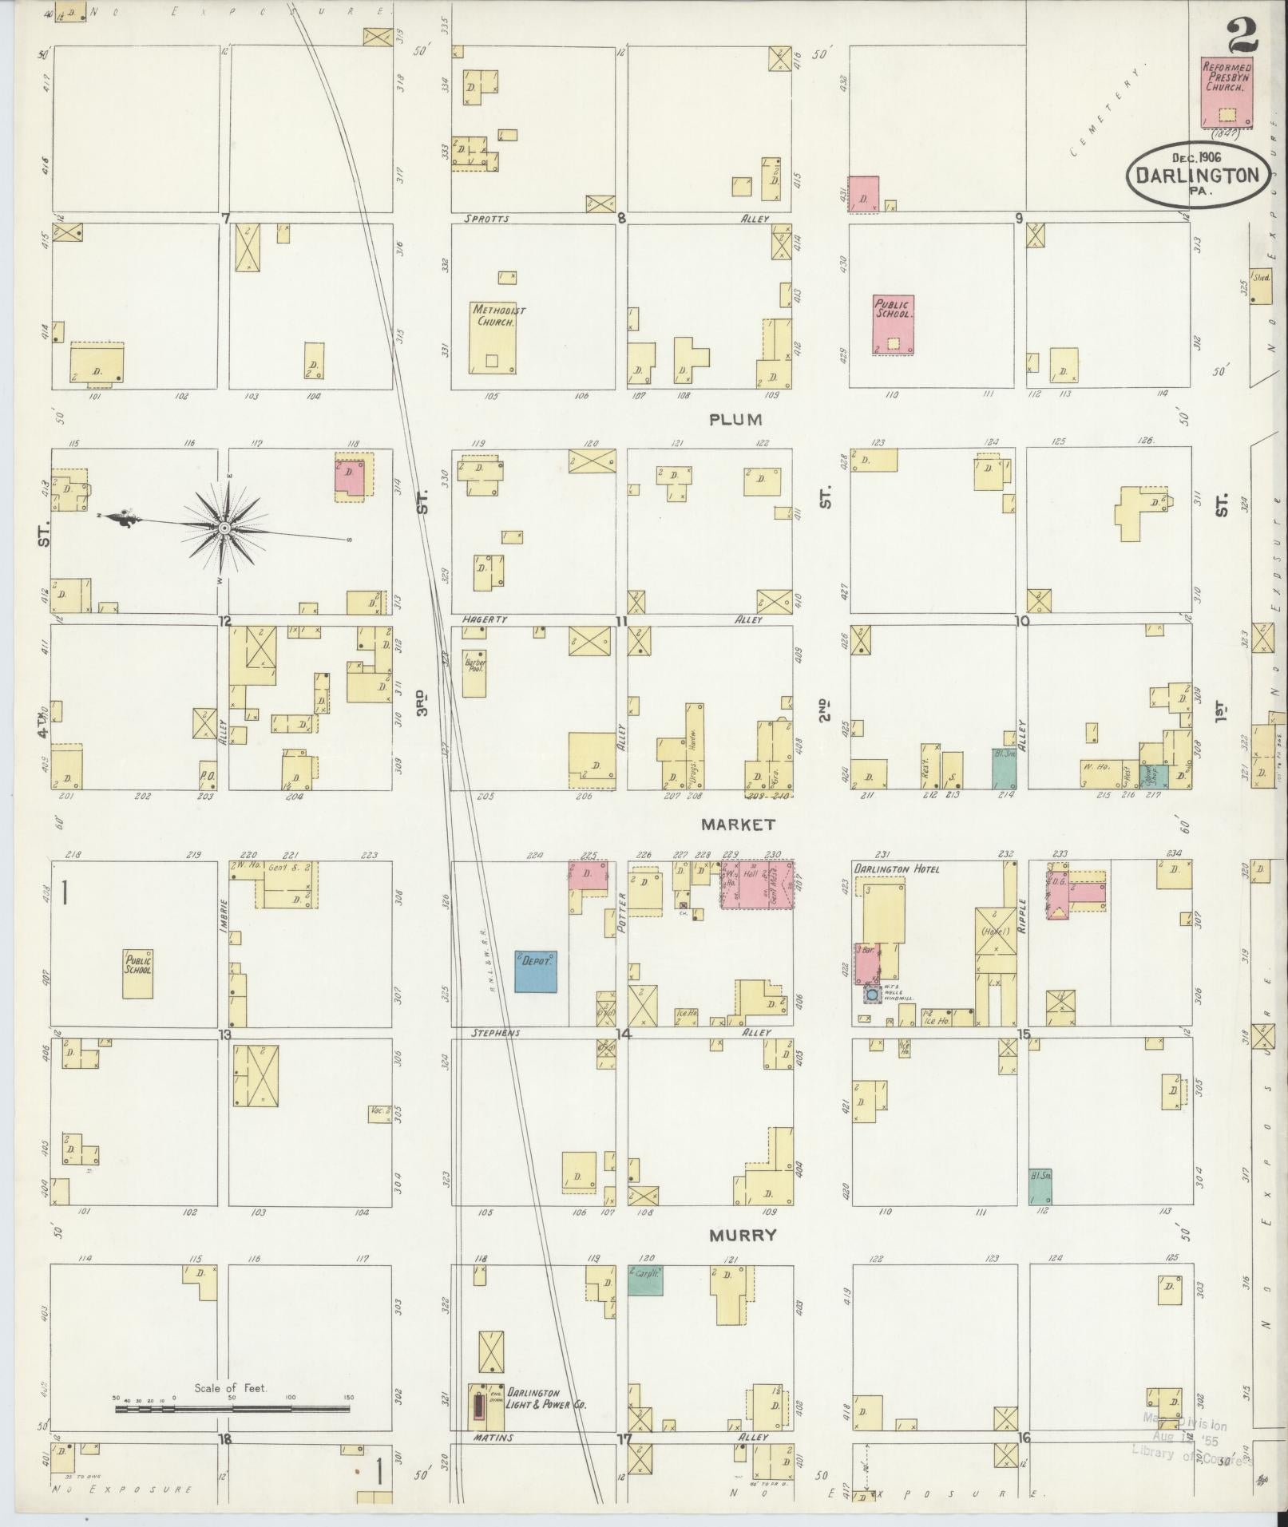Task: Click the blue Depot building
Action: pyautogui.click(x=535, y=971)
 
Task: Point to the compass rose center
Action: pyautogui.click(x=225, y=528)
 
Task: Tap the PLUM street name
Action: pyautogui.click(x=735, y=419)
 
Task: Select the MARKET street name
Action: pyautogui.click(x=739, y=823)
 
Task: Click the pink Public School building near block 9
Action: pyautogui.click(x=893, y=324)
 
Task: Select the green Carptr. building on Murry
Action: pyautogui.click(x=644, y=1280)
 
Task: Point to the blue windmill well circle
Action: pyautogui.click(x=873, y=995)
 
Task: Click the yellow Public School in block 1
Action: pyautogui.click(x=137, y=973)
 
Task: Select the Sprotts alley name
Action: pyautogui.click(x=485, y=218)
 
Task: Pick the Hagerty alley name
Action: pyautogui.click(x=485, y=619)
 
